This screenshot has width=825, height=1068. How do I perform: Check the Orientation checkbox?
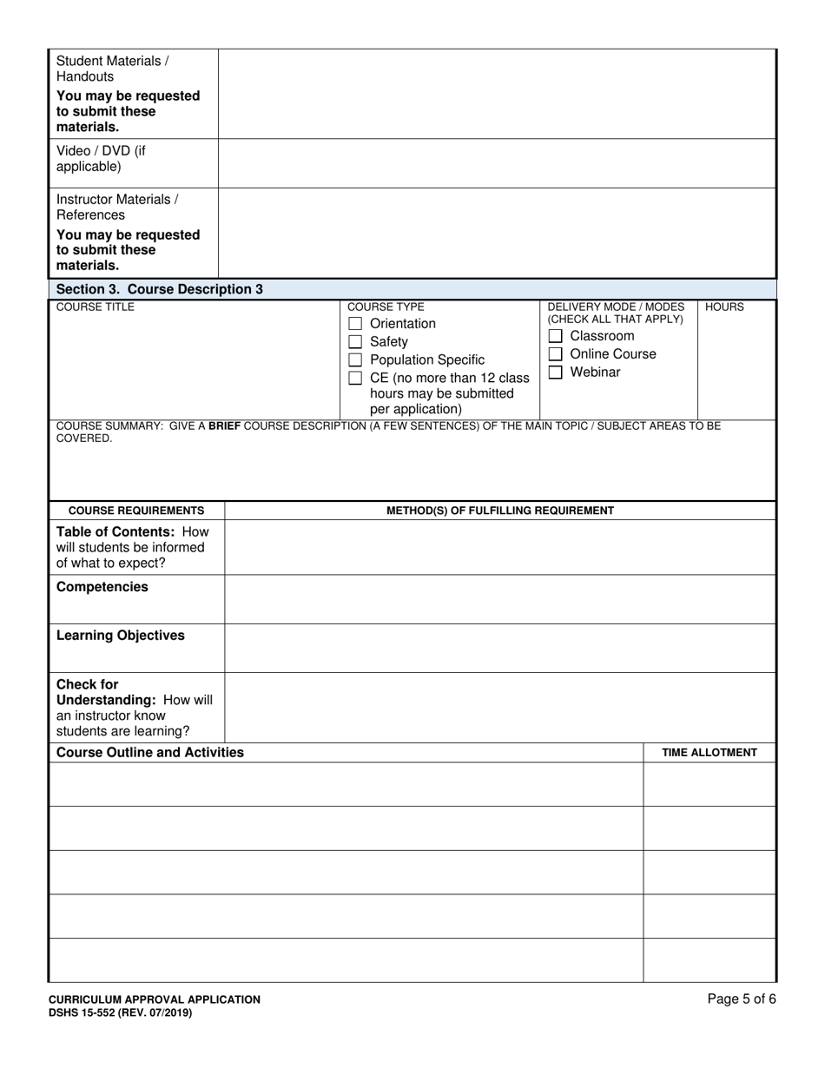[x=355, y=324]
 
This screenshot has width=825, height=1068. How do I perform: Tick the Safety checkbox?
[x=355, y=342]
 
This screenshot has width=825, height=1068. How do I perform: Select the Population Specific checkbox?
[x=355, y=360]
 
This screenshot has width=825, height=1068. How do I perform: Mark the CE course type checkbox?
[x=355, y=379]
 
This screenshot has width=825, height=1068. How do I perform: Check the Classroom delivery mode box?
[x=556, y=336]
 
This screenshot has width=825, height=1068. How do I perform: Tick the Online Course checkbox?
[x=556, y=354]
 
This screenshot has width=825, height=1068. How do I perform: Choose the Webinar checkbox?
[x=556, y=372]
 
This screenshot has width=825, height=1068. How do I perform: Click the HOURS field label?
[x=724, y=307]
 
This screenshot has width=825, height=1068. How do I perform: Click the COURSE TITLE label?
[x=96, y=307]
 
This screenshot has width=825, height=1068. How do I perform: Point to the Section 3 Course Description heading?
[x=159, y=289]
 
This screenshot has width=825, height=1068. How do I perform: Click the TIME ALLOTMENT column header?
[x=709, y=753]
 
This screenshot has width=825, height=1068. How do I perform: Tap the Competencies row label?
[x=102, y=587]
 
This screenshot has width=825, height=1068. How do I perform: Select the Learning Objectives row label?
[x=121, y=636]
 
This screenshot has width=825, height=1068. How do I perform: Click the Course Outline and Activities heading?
[x=150, y=753]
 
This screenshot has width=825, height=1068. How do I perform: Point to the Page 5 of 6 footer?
[x=742, y=999]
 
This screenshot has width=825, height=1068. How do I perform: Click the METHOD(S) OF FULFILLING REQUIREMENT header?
[x=500, y=511]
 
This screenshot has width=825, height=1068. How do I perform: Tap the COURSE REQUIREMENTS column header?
[x=136, y=511]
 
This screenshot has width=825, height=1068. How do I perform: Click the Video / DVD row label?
[x=101, y=158]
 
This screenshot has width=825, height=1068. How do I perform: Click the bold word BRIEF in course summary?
[x=224, y=426]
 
